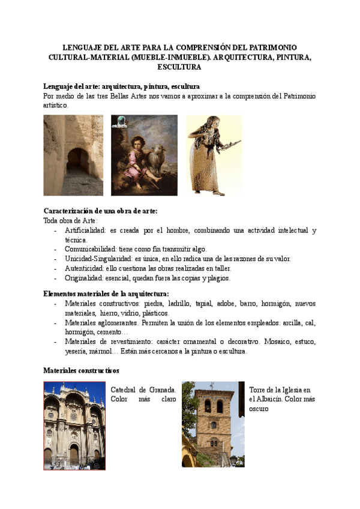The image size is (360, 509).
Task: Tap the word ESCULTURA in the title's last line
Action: tap(180, 68)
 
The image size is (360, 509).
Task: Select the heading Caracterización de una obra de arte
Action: tap(100, 211)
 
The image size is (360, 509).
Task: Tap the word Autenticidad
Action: tap(83, 268)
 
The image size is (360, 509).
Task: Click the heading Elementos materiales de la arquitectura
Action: tap(106, 294)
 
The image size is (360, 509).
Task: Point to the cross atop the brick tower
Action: tap(211, 386)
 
